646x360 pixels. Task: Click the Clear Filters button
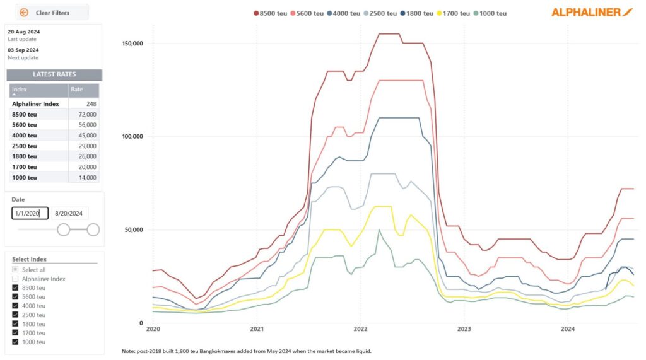(x=52, y=13)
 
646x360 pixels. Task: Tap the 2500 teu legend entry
(x=382, y=13)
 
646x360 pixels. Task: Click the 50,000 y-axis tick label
(x=132, y=229)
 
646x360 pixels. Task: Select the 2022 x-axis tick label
(x=360, y=329)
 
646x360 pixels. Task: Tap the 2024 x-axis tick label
(x=567, y=329)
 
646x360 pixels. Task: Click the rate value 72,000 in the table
(x=87, y=114)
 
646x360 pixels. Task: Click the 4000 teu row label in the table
(x=25, y=136)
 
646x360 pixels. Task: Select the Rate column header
(x=76, y=90)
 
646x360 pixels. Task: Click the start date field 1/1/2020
(x=29, y=214)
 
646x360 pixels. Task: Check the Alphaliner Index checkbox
(x=15, y=279)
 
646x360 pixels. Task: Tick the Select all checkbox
(x=15, y=270)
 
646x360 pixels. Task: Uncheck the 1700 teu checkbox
(x=15, y=333)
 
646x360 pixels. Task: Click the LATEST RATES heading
(x=54, y=74)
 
